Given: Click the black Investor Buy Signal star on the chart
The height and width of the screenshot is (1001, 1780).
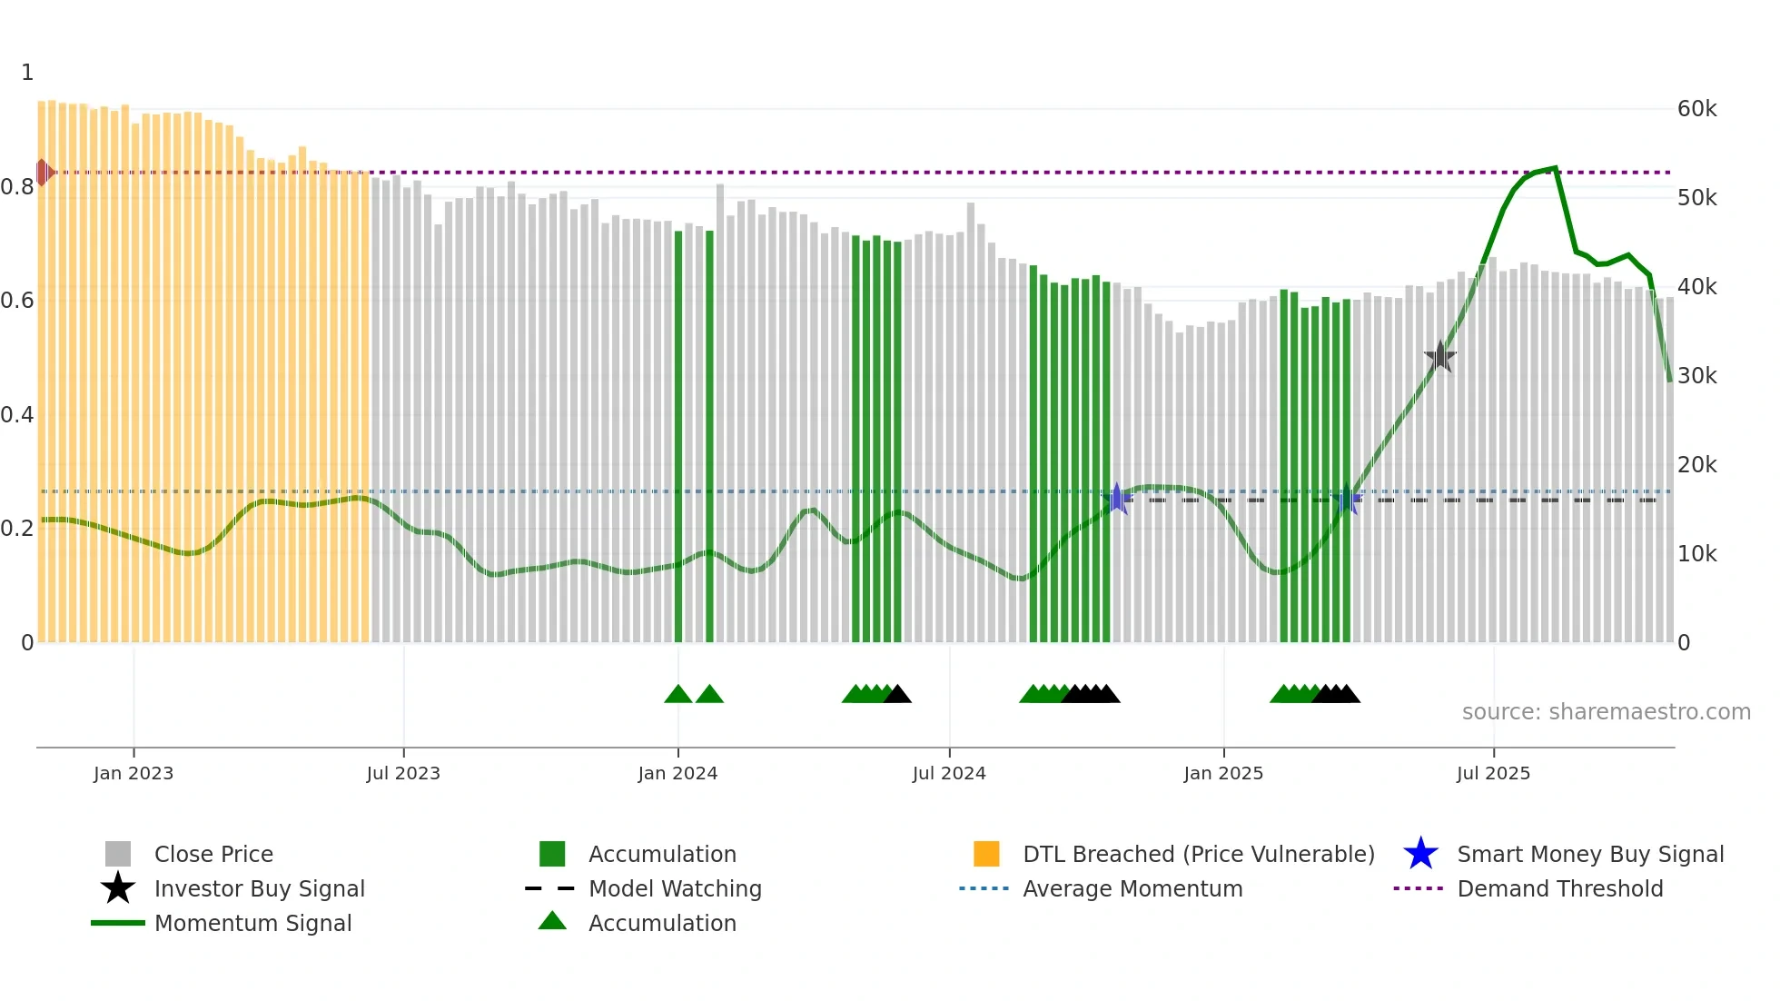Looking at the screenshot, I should click(1439, 357).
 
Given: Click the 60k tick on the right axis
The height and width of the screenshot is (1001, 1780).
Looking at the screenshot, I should click(1696, 109).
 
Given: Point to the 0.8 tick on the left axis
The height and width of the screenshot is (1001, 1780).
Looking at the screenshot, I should click(18, 187).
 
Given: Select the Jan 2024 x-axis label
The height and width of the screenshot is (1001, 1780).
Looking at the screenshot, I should click(677, 773).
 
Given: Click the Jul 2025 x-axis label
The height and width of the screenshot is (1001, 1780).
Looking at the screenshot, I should click(1493, 773).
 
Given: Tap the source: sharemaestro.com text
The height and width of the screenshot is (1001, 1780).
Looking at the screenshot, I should click(1606, 712).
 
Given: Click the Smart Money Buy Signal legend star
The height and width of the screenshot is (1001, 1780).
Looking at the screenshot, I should click(1420, 854).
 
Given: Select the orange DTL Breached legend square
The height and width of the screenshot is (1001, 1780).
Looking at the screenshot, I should click(986, 854).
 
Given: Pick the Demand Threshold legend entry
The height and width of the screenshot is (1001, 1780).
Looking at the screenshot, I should click(1559, 888).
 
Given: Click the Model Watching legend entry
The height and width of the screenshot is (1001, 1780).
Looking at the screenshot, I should click(674, 888).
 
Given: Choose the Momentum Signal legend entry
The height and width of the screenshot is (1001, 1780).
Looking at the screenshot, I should click(252, 923).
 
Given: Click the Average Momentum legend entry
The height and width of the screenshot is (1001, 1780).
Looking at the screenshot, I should click(1132, 888).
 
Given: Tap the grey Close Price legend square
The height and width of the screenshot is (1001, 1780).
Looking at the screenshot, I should click(118, 854).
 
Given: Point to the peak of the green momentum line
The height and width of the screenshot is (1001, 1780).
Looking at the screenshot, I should click(1555, 168).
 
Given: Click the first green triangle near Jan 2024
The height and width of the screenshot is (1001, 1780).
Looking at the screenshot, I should click(677, 695).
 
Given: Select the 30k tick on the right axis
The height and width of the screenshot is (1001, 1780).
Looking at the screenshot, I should click(1696, 376).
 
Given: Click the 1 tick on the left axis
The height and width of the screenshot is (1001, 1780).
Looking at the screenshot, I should click(27, 73).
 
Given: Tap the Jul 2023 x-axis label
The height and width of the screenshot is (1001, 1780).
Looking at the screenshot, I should click(403, 773).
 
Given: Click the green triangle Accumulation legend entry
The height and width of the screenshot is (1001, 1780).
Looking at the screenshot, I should click(662, 923).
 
